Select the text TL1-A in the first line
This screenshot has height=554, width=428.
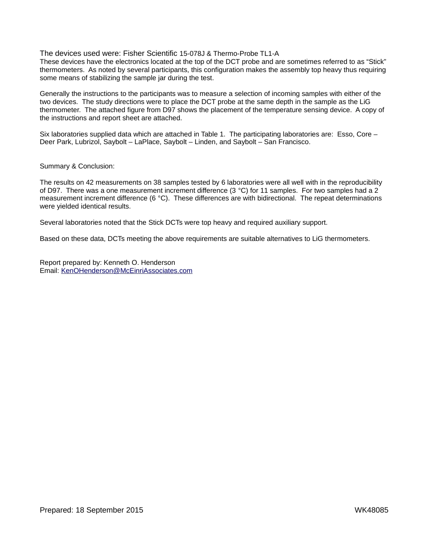click(269, 54)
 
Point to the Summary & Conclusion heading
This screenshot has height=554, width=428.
click(77, 166)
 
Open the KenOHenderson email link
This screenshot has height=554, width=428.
click(127, 271)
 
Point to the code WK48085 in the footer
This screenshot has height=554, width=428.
click(371, 510)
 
